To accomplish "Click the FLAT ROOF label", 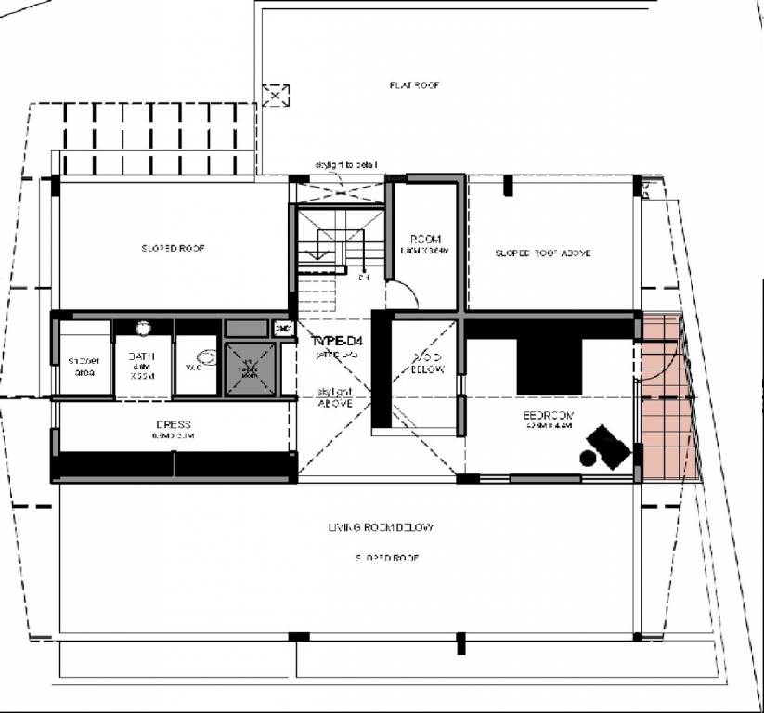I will pyautogui.click(x=414, y=85).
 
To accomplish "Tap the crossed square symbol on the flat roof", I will pyautogui.click(x=276, y=95).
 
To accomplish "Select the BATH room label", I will pyautogui.click(x=141, y=356).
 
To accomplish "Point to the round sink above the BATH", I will pyautogui.click(x=144, y=328).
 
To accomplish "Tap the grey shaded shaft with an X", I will pyautogui.click(x=251, y=368).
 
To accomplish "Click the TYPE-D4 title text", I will pyautogui.click(x=334, y=342).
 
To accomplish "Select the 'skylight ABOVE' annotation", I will pyautogui.click(x=333, y=397).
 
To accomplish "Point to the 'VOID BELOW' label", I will pyautogui.click(x=427, y=363).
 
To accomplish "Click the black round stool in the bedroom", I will pyautogui.click(x=587, y=457).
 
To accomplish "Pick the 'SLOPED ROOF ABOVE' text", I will pyautogui.click(x=542, y=253).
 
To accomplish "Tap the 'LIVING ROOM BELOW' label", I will pyautogui.click(x=381, y=527).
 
